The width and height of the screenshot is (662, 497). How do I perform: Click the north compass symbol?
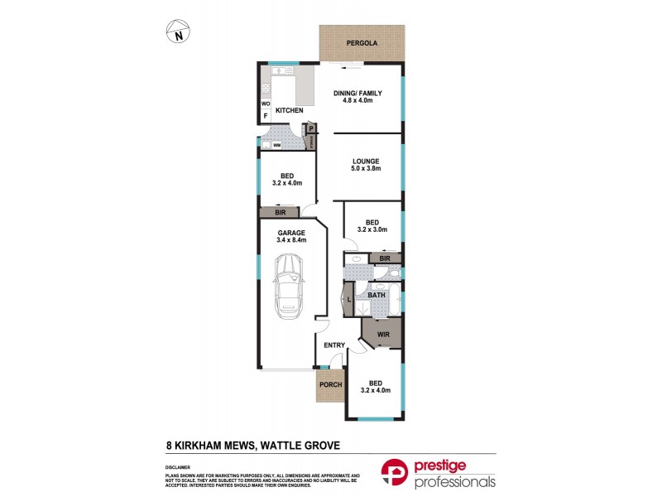(178, 31)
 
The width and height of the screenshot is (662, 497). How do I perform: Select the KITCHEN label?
(289, 111)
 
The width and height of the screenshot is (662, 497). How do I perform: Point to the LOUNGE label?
(365, 162)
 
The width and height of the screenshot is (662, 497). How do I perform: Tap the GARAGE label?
(290, 233)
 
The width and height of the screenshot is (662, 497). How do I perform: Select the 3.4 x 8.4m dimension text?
(290, 241)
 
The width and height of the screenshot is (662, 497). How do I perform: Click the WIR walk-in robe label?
(383, 335)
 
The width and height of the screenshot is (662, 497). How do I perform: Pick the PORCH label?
(331, 384)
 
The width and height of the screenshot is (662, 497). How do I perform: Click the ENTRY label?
(334, 345)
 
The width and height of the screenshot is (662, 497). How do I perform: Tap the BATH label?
(377, 295)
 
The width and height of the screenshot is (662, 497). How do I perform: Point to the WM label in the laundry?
(276, 145)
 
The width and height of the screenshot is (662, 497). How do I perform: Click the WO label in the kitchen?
(266, 104)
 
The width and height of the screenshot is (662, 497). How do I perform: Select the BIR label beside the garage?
(280, 213)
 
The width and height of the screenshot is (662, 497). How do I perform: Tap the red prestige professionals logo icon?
(395, 472)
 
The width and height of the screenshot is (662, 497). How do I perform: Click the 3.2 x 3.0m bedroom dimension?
(372, 231)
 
